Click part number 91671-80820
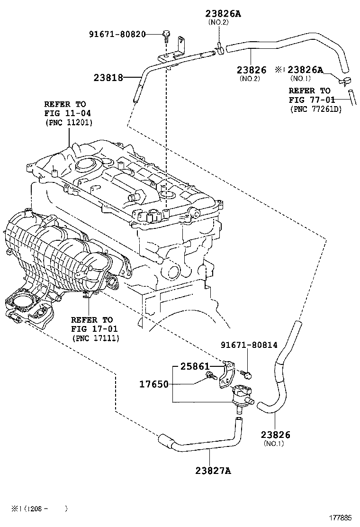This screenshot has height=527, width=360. (117, 34)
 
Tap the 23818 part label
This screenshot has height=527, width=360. (108, 78)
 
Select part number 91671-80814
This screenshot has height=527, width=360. (249, 345)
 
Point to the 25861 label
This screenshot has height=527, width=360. (195, 366)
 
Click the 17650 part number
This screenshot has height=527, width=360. (154, 384)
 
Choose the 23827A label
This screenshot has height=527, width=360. (213, 471)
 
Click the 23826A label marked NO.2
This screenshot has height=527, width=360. (223, 14)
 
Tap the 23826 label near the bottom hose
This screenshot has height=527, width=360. (275, 435)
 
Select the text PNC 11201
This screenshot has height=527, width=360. (69, 123)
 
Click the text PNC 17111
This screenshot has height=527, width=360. (96, 338)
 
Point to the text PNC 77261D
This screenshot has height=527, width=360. (316, 109)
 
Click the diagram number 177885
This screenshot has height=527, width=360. (340, 518)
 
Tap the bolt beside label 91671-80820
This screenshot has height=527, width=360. (166, 35)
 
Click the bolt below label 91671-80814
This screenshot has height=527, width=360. (246, 374)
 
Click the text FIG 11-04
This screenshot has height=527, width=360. (67, 113)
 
